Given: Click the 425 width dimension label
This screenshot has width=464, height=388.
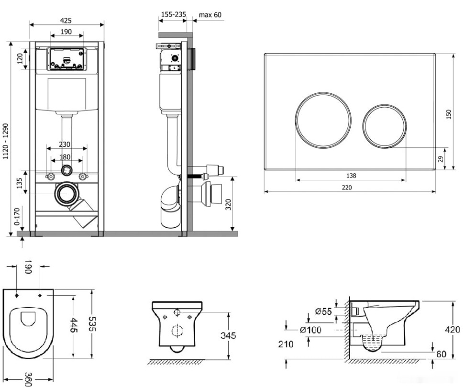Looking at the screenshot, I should pyautogui.click(x=66, y=20).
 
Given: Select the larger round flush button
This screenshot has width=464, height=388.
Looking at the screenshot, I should pyautogui.click(x=323, y=119).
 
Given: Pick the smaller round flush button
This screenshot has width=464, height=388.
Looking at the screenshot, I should pyautogui.click(x=385, y=126).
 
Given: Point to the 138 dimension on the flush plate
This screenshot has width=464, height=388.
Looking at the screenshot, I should pyautogui.click(x=351, y=176).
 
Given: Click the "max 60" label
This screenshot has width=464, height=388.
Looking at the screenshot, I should pyautogui.click(x=210, y=15).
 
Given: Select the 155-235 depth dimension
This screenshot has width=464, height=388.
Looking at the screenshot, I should pyautogui.click(x=173, y=15).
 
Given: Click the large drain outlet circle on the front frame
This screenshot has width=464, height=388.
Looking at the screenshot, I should pyautogui.click(x=66, y=194).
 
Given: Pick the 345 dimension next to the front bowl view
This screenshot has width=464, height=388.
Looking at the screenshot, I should pyautogui.click(x=228, y=335).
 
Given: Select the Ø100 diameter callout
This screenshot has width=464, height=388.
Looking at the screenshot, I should pyautogui.click(x=310, y=330).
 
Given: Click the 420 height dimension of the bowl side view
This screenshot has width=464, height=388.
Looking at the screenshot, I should pyautogui.click(x=453, y=330).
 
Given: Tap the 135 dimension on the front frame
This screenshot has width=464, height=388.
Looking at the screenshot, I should pyautogui.click(x=20, y=184).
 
